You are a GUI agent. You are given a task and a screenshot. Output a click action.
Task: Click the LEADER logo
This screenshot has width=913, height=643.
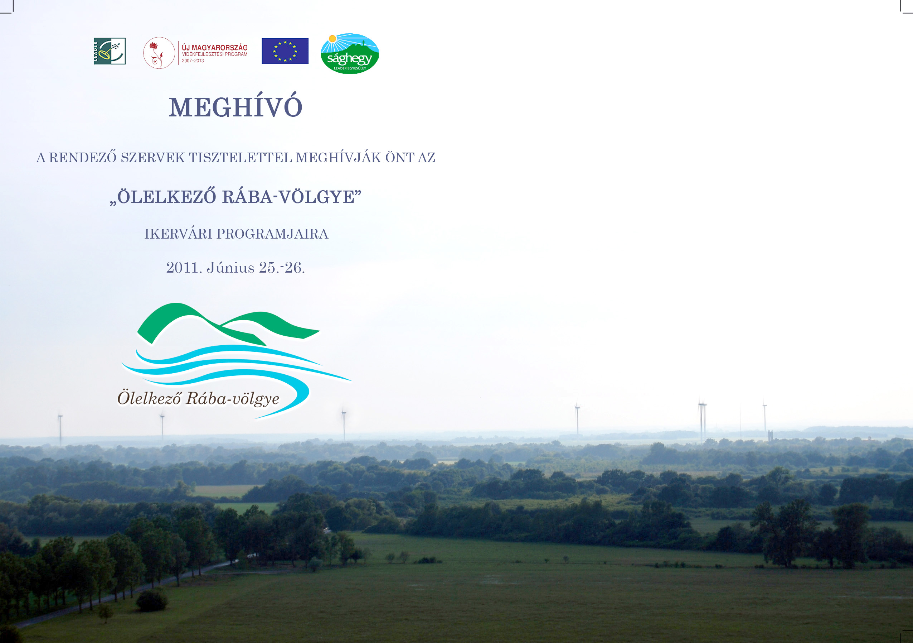[x=110, y=51]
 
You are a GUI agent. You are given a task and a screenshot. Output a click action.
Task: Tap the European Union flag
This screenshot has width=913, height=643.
[x=285, y=51]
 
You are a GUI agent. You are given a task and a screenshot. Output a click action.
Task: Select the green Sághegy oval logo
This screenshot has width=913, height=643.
[x=350, y=53]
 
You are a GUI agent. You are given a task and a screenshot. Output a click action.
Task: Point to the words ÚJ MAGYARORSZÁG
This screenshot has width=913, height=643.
[x=215, y=48]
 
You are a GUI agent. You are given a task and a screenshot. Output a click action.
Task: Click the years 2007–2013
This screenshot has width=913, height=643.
[x=193, y=61]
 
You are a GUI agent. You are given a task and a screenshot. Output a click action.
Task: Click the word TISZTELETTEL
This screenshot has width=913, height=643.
[x=241, y=158]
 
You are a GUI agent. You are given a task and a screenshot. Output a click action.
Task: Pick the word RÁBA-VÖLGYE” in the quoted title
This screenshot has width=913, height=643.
[x=292, y=197]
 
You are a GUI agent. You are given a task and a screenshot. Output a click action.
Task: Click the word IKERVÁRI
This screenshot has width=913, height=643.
[x=179, y=234]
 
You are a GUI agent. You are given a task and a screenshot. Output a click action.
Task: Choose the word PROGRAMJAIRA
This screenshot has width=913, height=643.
[x=272, y=234]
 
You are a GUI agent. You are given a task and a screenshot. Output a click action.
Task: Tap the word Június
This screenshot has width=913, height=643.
[x=230, y=267]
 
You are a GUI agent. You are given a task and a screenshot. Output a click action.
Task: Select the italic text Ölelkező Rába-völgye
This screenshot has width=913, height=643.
[x=198, y=398]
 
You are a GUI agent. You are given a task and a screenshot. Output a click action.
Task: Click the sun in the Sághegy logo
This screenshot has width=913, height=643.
[x=332, y=39]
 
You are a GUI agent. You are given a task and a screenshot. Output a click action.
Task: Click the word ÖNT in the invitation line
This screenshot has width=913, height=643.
[x=400, y=158]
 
